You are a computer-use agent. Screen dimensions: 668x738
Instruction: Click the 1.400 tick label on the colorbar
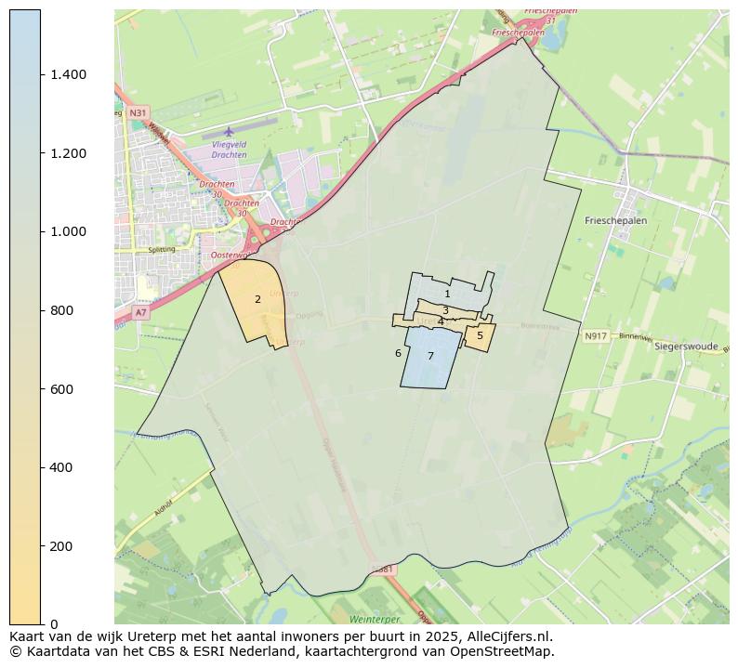[x=68, y=74]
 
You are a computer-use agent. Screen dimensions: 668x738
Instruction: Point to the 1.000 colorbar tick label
[x=68, y=231]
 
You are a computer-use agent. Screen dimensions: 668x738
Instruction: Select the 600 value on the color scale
[x=63, y=388]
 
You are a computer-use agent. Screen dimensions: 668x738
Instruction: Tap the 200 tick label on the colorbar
[x=63, y=545]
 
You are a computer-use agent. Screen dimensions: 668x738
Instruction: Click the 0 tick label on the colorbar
[x=55, y=623]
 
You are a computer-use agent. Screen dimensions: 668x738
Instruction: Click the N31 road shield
[x=138, y=112]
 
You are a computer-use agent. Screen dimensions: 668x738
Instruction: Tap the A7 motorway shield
[x=140, y=313]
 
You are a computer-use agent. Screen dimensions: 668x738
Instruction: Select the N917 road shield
[x=595, y=335]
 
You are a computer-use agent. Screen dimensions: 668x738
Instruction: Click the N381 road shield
[x=381, y=569]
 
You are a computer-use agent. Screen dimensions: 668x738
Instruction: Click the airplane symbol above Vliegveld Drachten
[x=229, y=131]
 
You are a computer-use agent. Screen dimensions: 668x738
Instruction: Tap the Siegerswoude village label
[x=686, y=346]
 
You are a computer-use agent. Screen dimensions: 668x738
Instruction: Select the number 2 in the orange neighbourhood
[x=257, y=299]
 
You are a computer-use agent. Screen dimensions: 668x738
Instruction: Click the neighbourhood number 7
[x=430, y=356]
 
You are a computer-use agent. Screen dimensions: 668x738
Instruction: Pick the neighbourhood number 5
[x=480, y=335]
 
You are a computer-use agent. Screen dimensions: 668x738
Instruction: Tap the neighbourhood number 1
[x=447, y=294]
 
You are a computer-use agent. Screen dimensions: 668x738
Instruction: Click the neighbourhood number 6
[x=398, y=353]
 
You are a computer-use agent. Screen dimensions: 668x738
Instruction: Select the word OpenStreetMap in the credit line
[x=507, y=651]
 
